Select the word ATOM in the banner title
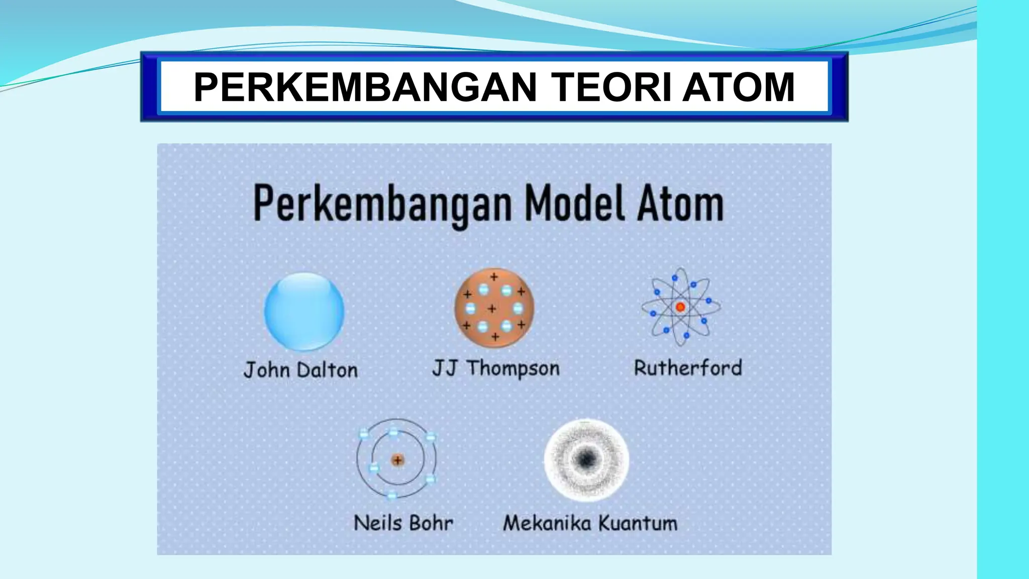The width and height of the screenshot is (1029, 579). (738, 87)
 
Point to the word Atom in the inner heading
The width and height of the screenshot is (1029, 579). (680, 204)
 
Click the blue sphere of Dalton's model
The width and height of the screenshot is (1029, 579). (304, 311)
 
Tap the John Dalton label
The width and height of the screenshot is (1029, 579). (300, 370)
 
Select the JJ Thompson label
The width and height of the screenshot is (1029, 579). (496, 368)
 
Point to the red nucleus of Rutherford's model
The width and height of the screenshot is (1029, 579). (680, 307)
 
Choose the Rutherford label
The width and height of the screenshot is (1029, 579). (688, 368)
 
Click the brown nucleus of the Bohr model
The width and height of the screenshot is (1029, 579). (397, 460)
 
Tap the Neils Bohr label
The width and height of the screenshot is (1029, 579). (403, 523)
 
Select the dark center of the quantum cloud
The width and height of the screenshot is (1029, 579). (586, 459)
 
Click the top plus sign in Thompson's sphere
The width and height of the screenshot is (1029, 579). (494, 277)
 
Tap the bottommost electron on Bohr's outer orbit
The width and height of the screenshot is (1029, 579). (392, 496)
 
